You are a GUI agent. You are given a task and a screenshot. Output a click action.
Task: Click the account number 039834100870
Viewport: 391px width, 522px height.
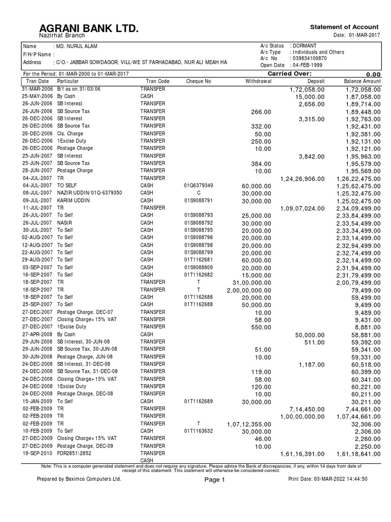(x=309, y=59)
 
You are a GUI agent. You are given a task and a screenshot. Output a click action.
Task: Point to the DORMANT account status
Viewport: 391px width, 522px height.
(x=304, y=46)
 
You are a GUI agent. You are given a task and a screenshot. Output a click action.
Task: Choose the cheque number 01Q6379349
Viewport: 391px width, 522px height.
(x=199, y=186)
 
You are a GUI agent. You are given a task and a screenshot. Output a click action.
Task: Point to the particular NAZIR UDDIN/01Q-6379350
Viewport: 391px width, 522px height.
(x=90, y=193)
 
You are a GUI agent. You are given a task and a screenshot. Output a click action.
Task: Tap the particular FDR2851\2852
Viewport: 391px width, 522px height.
(x=75, y=453)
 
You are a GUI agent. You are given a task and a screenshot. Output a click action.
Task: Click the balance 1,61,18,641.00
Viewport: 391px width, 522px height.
(x=358, y=453)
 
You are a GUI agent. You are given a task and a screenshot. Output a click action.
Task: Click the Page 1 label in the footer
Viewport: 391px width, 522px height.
(x=214, y=480)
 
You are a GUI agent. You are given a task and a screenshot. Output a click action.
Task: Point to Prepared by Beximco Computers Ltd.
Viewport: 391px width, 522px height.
(x=79, y=479)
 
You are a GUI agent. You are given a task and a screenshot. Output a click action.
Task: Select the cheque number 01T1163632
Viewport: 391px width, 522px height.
(x=199, y=431)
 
